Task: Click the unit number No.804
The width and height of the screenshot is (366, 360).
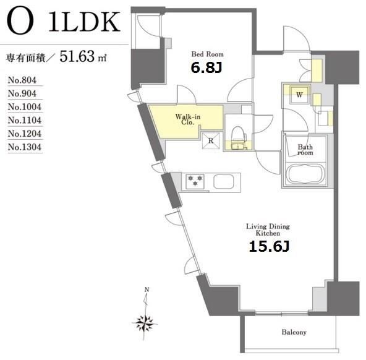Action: [22, 80]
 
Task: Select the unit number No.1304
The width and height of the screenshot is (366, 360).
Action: [25, 147]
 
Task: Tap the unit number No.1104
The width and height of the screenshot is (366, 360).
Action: [25, 120]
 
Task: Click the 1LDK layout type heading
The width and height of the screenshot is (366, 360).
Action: [85, 22]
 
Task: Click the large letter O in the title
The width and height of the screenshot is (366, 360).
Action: [20, 22]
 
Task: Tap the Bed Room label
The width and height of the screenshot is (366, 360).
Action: [207, 54]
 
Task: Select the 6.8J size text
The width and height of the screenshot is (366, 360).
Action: [206, 68]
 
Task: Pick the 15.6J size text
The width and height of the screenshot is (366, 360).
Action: [269, 247]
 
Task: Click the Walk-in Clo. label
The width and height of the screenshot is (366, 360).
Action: [188, 119]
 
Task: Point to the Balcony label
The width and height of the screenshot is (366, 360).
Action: [294, 332]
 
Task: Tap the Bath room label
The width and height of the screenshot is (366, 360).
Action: [305, 150]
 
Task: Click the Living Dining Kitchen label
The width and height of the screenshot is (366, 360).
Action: [268, 229]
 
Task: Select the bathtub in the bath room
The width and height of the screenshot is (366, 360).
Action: [305, 174]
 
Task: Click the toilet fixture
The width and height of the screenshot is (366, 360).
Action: [238, 138]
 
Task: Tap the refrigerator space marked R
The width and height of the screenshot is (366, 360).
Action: [211, 140]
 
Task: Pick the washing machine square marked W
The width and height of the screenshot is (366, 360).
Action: [299, 95]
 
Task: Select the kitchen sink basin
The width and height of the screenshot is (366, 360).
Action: [224, 181]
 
